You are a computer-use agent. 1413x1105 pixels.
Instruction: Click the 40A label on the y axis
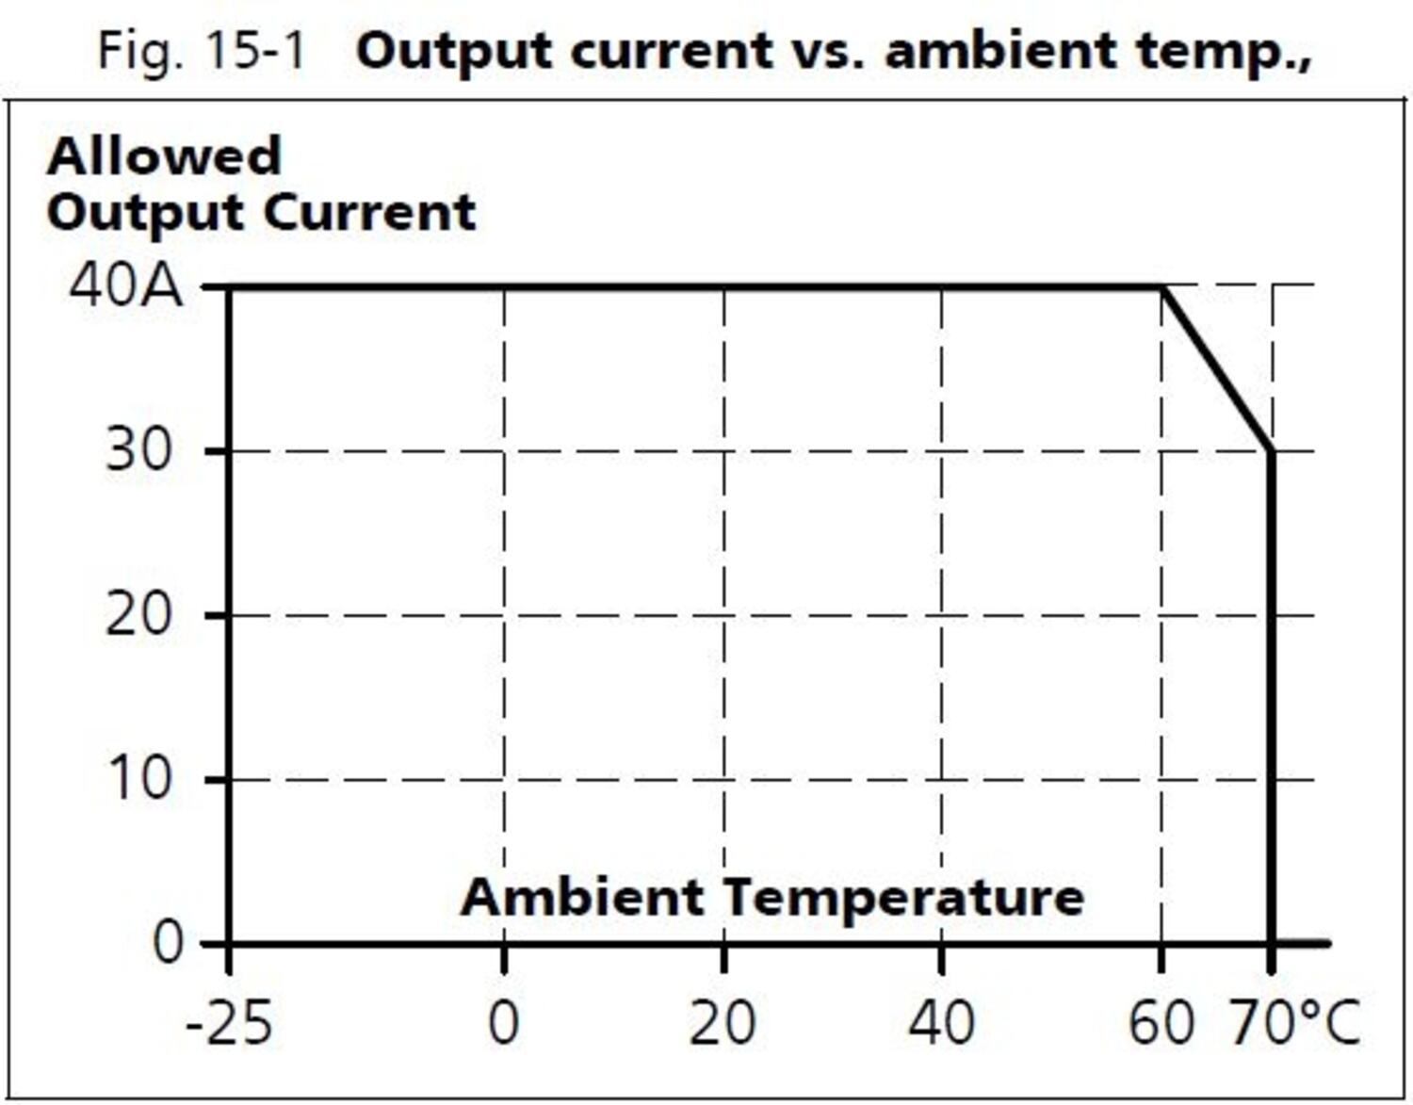pyautogui.click(x=126, y=284)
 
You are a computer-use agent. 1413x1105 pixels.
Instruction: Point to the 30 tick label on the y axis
pyautogui.click(x=139, y=450)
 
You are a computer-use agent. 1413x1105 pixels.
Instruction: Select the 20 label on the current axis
pyautogui.click(x=138, y=615)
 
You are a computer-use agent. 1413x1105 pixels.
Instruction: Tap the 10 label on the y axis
pyautogui.click(x=139, y=779)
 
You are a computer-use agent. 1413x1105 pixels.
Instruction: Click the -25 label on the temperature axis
pyautogui.click(x=229, y=1022)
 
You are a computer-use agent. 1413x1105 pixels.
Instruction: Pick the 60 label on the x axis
pyautogui.click(x=1161, y=1022)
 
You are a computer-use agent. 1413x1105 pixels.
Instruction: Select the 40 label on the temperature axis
pyautogui.click(x=941, y=1022)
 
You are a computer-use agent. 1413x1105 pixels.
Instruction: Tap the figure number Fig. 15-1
pyautogui.click(x=203, y=50)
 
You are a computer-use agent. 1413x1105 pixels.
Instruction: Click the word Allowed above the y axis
pyautogui.click(x=164, y=155)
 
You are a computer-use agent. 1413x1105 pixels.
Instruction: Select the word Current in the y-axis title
pyautogui.click(x=369, y=212)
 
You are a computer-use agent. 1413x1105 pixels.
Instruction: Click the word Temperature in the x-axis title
pyautogui.click(x=904, y=896)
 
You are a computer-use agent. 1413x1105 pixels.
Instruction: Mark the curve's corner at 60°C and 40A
pyautogui.click(x=1161, y=286)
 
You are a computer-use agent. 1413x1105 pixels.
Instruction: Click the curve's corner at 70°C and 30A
pyautogui.click(x=1272, y=450)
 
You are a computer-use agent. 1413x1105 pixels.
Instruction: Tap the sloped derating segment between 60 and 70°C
pyautogui.click(x=1217, y=368)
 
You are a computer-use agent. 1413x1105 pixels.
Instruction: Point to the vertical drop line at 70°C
pyautogui.click(x=1272, y=697)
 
